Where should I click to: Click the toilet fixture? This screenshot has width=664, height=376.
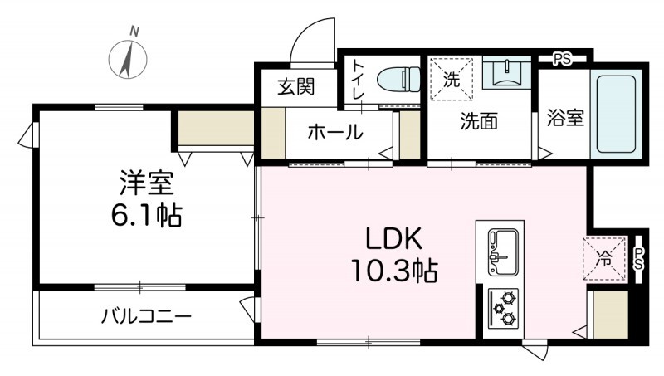pos(398,80)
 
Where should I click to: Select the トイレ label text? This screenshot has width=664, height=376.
pos(359,80)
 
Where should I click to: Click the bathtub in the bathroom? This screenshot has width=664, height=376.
pos(615,114)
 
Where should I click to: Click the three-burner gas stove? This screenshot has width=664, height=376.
pos(503,308)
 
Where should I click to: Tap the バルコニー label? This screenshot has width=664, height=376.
pos(147,316)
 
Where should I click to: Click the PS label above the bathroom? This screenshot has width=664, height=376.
pos(563,58)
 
